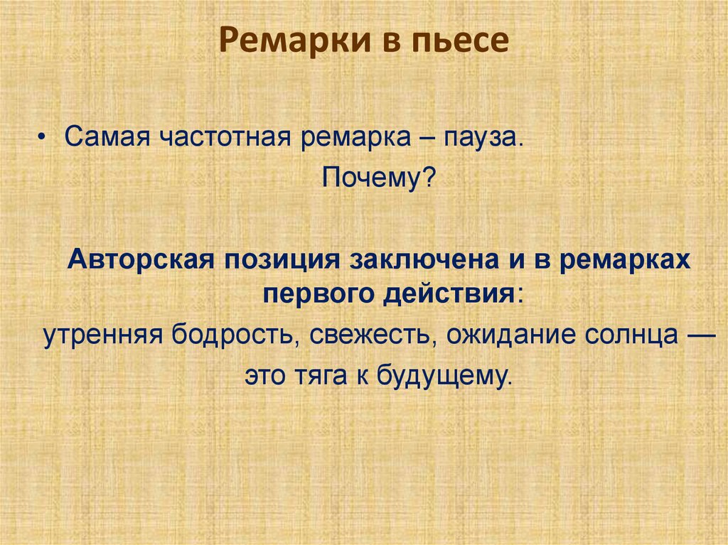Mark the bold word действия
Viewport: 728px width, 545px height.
(449, 291)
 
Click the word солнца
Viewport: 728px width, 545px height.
(628, 335)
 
